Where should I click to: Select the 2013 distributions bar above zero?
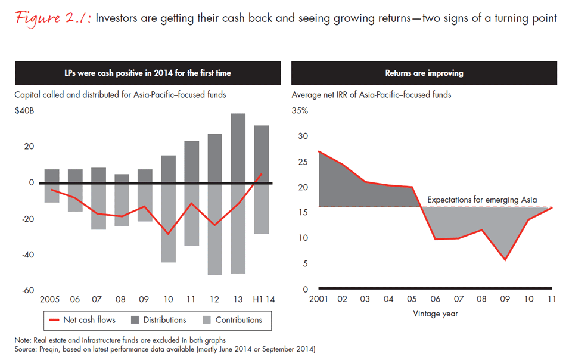(238, 148)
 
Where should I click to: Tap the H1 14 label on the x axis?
(261, 299)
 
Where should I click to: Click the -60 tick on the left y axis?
(27, 290)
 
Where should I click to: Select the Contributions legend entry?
(229, 320)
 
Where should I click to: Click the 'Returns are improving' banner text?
(424, 73)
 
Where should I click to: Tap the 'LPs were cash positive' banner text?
(148, 73)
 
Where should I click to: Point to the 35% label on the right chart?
(300, 111)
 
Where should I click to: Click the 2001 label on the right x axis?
(319, 299)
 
